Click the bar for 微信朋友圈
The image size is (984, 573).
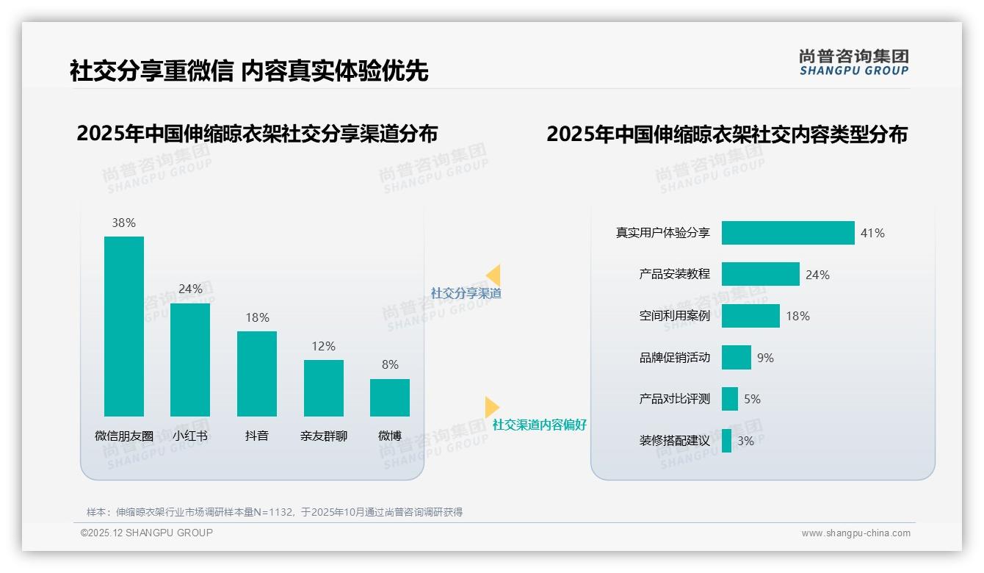(x=124, y=326)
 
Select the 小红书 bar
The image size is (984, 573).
(x=190, y=359)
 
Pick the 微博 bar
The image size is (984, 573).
(x=390, y=397)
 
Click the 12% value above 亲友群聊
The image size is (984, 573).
(x=323, y=346)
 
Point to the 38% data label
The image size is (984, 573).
(x=123, y=223)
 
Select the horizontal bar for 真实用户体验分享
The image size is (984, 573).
(x=788, y=233)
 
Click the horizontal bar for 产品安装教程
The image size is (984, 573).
(x=760, y=274)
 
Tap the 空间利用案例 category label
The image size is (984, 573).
(x=674, y=316)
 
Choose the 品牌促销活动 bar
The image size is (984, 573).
(x=736, y=358)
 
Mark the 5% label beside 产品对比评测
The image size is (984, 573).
(x=752, y=399)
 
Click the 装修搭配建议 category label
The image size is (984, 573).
(x=674, y=441)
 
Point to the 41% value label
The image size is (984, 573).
(x=872, y=233)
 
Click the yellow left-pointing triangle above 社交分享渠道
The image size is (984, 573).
(x=493, y=275)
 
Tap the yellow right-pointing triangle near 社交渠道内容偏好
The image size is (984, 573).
(x=491, y=407)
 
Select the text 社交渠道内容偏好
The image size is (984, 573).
(x=539, y=425)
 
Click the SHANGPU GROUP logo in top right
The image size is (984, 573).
(x=853, y=62)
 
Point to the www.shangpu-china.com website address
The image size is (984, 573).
(x=855, y=533)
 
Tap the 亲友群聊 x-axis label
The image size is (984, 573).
(x=323, y=436)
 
